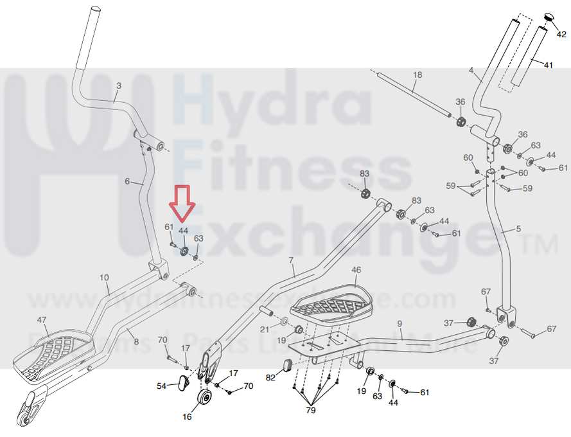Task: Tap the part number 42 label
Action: coord(561,35)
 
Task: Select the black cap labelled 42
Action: coord(550,17)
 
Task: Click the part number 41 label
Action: coord(548,66)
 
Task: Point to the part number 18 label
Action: coord(417,75)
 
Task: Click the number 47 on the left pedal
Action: coord(42,319)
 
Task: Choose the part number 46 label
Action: coord(356,270)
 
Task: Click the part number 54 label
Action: coord(162,386)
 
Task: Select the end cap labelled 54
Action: coord(182,383)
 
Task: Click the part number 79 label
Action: coord(311,410)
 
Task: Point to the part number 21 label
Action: coord(264,329)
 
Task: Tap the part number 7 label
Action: coord(291,260)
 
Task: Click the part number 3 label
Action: coord(118,85)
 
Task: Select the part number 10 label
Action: coord(104,278)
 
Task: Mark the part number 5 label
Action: coord(519,229)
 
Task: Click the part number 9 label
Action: coord(399,324)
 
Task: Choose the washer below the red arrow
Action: coord(184,251)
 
